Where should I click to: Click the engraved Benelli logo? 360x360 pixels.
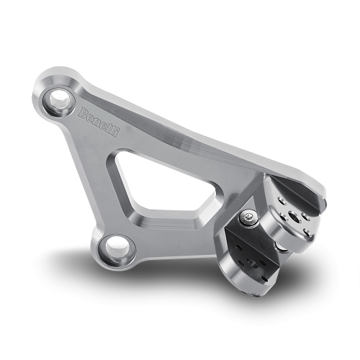(99, 122)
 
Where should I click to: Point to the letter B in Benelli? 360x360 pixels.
(83, 112)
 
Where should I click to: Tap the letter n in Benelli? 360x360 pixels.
(97, 122)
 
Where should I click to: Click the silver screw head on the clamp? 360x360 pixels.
(248, 217)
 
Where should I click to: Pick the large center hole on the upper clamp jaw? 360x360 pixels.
(293, 217)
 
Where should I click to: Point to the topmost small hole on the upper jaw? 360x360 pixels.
(282, 201)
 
